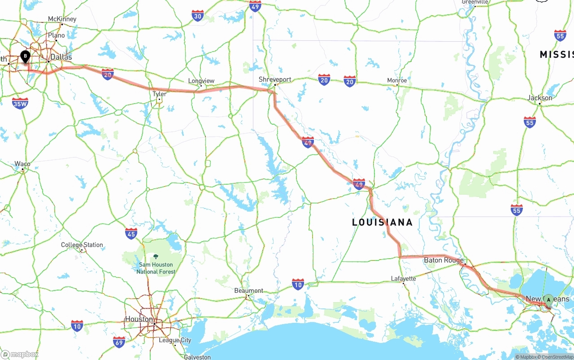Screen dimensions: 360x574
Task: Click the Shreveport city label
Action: click(x=275, y=79)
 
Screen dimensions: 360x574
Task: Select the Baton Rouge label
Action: click(x=444, y=260)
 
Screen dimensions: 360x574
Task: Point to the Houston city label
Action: click(x=139, y=319)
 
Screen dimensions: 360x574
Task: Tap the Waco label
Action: click(x=22, y=164)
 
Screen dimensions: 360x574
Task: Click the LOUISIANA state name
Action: click(x=382, y=222)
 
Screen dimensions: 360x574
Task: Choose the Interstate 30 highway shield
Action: click(x=197, y=16)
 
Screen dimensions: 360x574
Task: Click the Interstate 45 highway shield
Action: click(x=131, y=233)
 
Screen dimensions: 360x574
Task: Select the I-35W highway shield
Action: click(x=20, y=104)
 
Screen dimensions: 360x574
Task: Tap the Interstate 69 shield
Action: click(x=119, y=342)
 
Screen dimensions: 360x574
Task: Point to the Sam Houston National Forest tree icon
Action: click(x=156, y=257)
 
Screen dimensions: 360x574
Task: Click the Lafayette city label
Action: click(x=403, y=278)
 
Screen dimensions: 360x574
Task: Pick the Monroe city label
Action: click(x=397, y=81)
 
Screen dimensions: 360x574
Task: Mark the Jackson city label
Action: click(x=540, y=98)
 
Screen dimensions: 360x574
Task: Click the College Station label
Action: click(x=82, y=245)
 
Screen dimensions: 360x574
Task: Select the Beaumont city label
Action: click(x=249, y=291)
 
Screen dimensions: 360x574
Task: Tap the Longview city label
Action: click(x=201, y=81)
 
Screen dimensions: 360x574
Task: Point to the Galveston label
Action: click(x=197, y=357)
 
